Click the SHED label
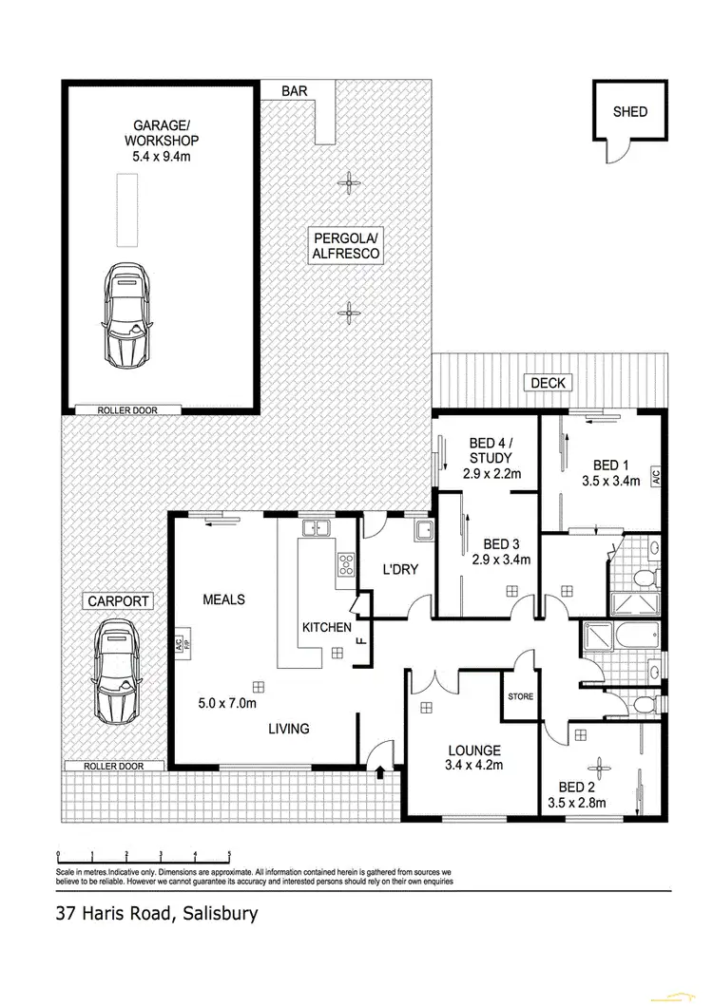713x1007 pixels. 630,111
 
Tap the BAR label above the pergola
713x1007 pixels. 293,91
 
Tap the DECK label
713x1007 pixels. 548,383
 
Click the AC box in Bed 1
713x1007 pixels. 656,478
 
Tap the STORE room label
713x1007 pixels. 520,696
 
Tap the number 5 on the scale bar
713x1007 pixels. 229,854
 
